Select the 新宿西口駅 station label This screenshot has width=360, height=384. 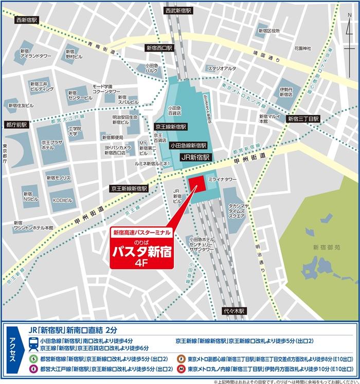[x=159, y=47]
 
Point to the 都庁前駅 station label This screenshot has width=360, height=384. [x=15, y=125]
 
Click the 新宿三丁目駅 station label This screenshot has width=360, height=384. [x=303, y=118]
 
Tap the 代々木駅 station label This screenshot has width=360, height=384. [x=235, y=311]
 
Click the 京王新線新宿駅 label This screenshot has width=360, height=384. [x=129, y=189]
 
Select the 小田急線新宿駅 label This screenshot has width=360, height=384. [x=189, y=146]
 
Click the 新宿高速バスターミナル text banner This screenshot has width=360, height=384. [x=141, y=233]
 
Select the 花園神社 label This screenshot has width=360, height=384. [x=302, y=48]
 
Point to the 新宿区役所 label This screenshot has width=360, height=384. [x=269, y=31]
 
